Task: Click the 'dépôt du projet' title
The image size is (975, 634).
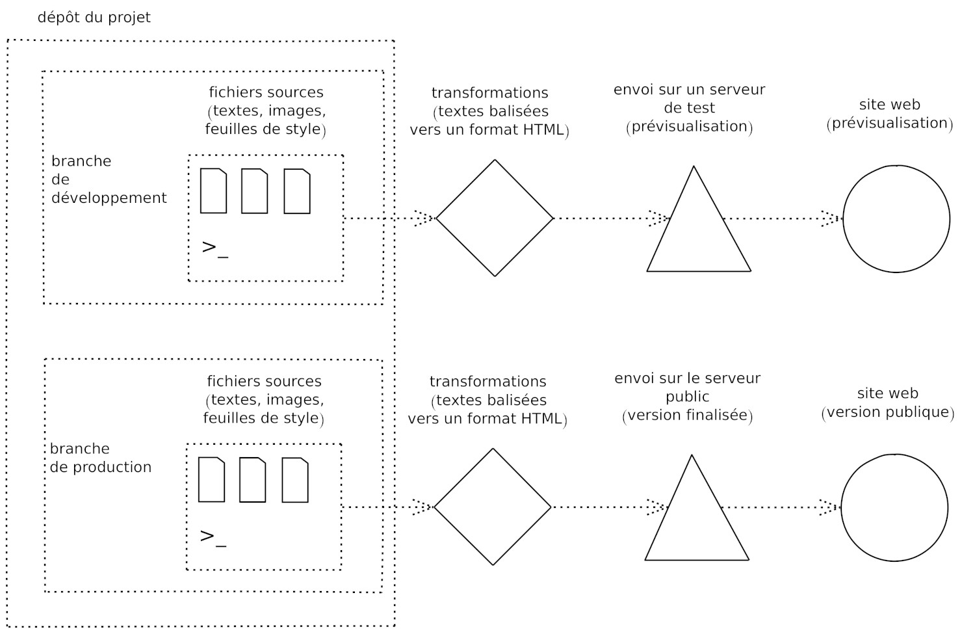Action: [x=94, y=18]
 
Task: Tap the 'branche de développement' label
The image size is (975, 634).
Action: [x=109, y=179]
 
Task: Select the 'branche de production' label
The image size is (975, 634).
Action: [x=100, y=458]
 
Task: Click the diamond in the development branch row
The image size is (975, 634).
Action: [x=494, y=218]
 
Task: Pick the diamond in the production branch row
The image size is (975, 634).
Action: [x=492, y=507]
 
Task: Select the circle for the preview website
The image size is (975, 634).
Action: [x=896, y=218]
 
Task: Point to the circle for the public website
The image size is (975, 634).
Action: [x=894, y=508]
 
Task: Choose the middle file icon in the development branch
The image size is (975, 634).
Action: [x=254, y=191]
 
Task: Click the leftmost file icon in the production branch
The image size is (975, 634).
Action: [x=211, y=480]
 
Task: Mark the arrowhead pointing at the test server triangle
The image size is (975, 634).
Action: [x=659, y=218]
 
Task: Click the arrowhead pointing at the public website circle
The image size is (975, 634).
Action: [x=829, y=507]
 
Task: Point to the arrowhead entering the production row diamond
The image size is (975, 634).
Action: [x=423, y=507]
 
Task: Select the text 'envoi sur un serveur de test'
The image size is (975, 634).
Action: [x=689, y=98]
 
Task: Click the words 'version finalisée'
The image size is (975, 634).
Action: [x=688, y=415]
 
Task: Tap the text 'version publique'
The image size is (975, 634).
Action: [x=888, y=412]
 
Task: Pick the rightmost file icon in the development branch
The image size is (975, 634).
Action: [x=297, y=191]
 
